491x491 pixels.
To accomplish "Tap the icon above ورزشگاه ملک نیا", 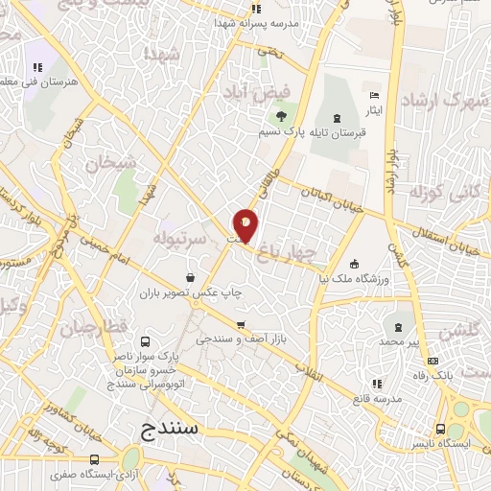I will pyautogui.click(x=355, y=264).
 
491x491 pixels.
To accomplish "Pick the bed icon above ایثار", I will pyautogui.click(x=374, y=96).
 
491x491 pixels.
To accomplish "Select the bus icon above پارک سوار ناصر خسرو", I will pyautogui.click(x=145, y=340).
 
